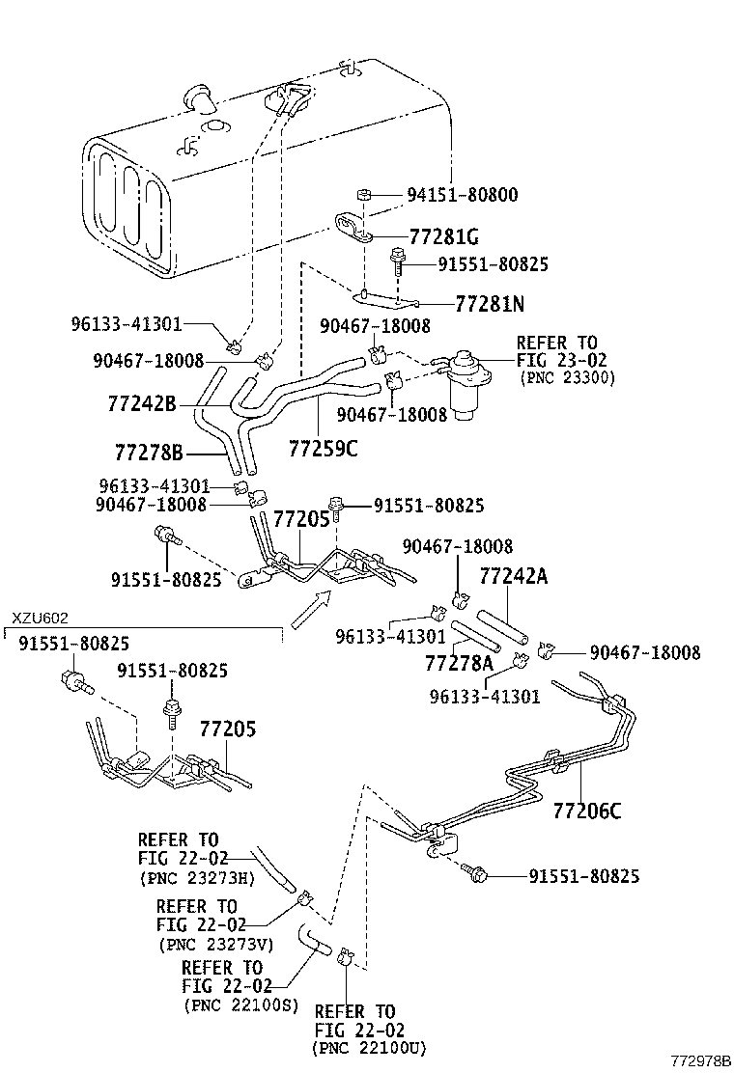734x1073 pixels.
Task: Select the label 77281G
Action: (444, 236)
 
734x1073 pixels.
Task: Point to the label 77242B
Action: (142, 403)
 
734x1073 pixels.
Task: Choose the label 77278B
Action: (149, 451)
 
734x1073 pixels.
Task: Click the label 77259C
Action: (323, 448)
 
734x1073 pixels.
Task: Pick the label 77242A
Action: (514, 577)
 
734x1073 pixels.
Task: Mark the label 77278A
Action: (459, 664)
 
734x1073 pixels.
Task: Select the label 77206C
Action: (587, 810)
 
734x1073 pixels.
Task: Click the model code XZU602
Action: (40, 619)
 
